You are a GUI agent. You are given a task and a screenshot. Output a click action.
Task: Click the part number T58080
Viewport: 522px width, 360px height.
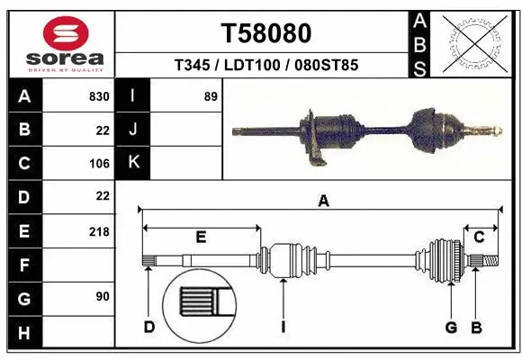266,33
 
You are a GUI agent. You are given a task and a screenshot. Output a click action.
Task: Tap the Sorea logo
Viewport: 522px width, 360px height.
59,42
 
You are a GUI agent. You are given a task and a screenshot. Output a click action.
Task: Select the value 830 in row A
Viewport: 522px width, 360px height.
97,96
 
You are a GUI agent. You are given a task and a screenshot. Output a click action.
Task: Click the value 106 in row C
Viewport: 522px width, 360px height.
99,163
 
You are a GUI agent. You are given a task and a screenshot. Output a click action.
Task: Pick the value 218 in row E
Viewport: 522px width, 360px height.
99,231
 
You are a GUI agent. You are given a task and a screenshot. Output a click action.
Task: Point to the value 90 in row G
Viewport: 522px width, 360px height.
102,296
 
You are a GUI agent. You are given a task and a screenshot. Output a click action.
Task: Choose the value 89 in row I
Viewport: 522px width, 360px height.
211,96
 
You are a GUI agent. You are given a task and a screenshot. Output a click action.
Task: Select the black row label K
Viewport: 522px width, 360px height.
133,163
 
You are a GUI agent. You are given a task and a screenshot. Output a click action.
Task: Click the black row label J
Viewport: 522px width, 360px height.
133,130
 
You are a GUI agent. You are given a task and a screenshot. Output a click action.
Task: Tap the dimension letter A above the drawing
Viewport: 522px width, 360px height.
323,202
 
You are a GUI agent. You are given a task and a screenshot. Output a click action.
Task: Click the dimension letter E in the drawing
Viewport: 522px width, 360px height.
201,238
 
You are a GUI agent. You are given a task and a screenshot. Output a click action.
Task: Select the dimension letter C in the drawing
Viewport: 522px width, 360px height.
480,238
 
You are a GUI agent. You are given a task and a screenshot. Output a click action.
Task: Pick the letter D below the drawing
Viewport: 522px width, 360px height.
148,327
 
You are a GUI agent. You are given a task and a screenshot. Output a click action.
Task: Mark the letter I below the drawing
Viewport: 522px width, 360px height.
282,327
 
